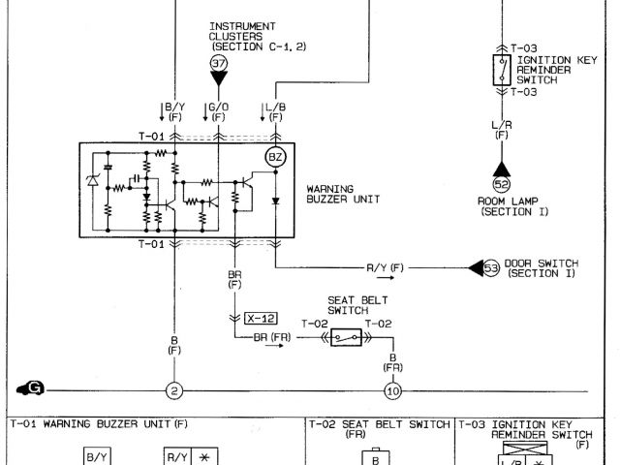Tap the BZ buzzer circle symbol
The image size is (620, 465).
pos(275,156)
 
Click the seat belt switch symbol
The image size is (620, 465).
pos(348,336)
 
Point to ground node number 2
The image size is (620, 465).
pos(175,390)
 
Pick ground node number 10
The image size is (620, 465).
pos(392,390)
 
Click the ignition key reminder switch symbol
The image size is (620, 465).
pos(501,69)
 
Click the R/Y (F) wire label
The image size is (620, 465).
pos(386,266)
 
